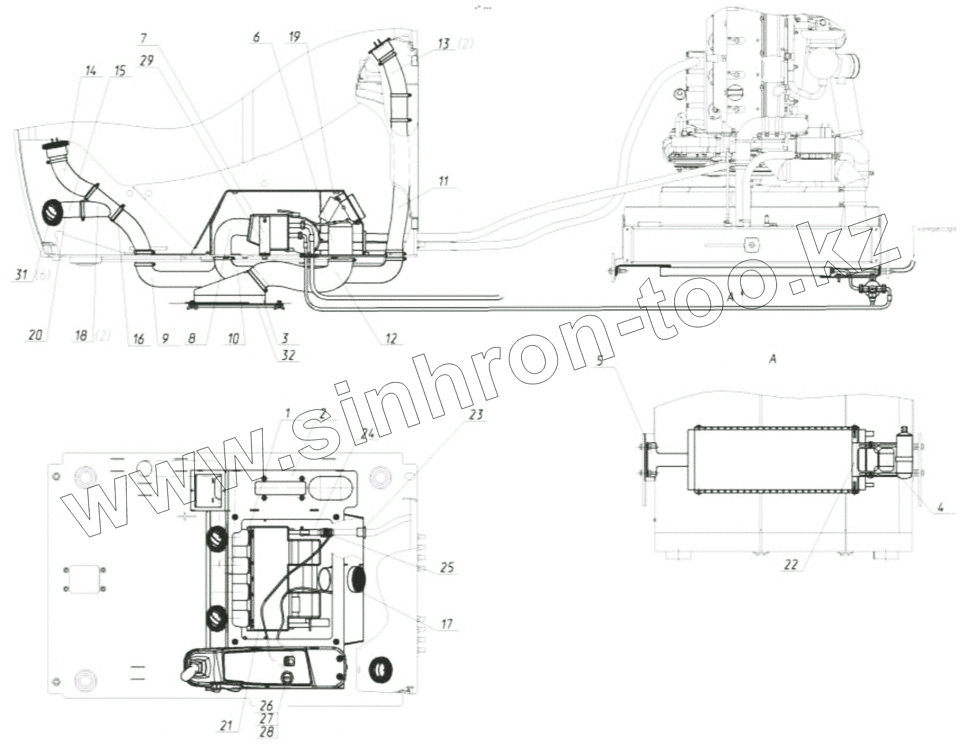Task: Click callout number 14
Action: (90, 71)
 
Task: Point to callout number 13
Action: (444, 44)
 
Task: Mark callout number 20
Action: (34, 336)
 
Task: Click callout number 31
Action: (22, 275)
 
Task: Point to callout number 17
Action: (447, 625)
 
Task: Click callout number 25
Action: (447, 568)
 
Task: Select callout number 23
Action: (476, 415)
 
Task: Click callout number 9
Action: (165, 338)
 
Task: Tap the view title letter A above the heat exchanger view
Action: (772, 358)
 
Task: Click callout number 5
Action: (601, 362)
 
